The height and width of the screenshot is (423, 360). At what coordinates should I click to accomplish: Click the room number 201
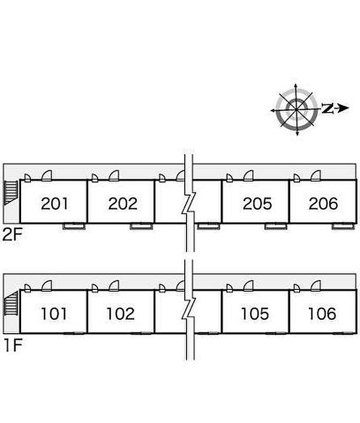(55, 204)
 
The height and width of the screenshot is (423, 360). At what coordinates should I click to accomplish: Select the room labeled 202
(122, 204)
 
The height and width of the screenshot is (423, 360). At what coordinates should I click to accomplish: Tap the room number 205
(257, 204)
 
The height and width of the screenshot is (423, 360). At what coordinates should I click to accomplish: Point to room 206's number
(323, 204)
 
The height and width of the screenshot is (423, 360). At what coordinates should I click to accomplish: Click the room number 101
(54, 313)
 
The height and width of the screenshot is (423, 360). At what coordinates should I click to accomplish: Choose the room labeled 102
(120, 313)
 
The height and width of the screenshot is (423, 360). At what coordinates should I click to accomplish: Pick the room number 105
(255, 313)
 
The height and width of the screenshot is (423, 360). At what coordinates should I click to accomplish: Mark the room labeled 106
(322, 313)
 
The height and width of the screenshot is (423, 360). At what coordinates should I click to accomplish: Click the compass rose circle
(296, 109)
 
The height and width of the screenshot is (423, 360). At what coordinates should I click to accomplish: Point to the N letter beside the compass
(327, 108)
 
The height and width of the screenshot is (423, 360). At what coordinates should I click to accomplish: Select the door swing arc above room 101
(47, 285)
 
